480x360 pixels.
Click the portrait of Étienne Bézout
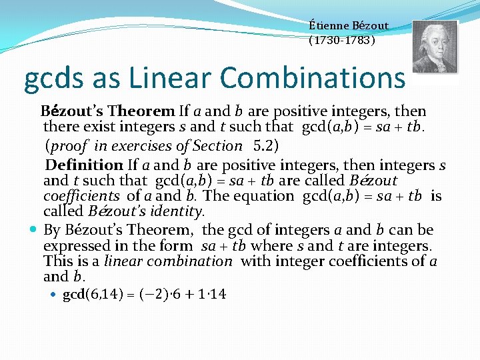point(435,47)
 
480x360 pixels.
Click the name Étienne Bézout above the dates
point(349,25)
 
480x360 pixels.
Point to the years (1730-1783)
point(342,40)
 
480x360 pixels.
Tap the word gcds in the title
point(51,79)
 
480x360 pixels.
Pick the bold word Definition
point(84,165)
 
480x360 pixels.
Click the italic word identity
point(179,212)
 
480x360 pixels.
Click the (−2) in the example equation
point(160,294)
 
